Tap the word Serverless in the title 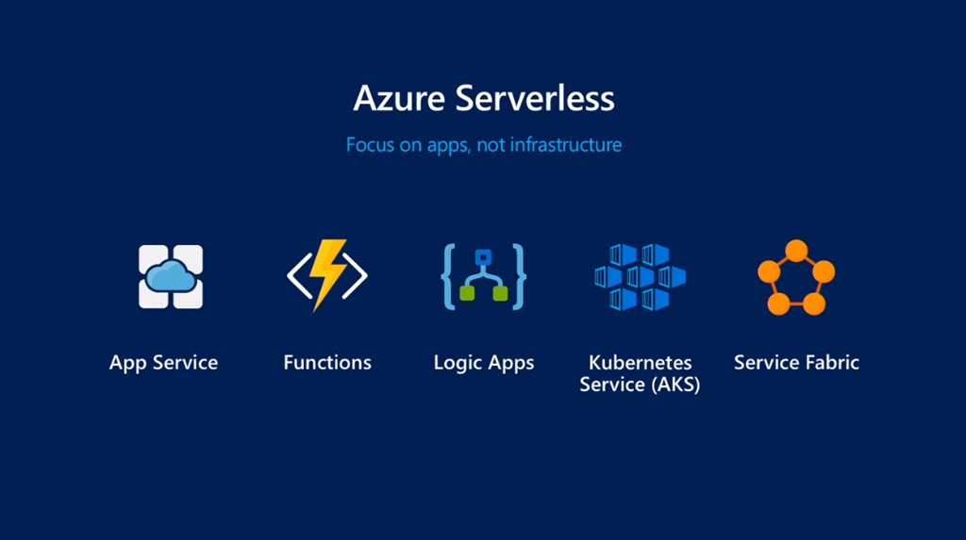click(530, 99)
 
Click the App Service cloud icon click(171, 276)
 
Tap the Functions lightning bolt click(327, 274)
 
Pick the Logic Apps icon click(484, 276)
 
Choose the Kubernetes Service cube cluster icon click(640, 276)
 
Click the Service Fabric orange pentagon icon click(796, 277)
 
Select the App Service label click(163, 363)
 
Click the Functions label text click(327, 363)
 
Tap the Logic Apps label click(484, 363)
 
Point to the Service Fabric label click(796, 363)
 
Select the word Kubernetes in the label click(640, 363)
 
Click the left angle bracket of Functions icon click(298, 275)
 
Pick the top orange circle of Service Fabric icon click(796, 251)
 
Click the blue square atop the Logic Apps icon click(484, 256)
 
